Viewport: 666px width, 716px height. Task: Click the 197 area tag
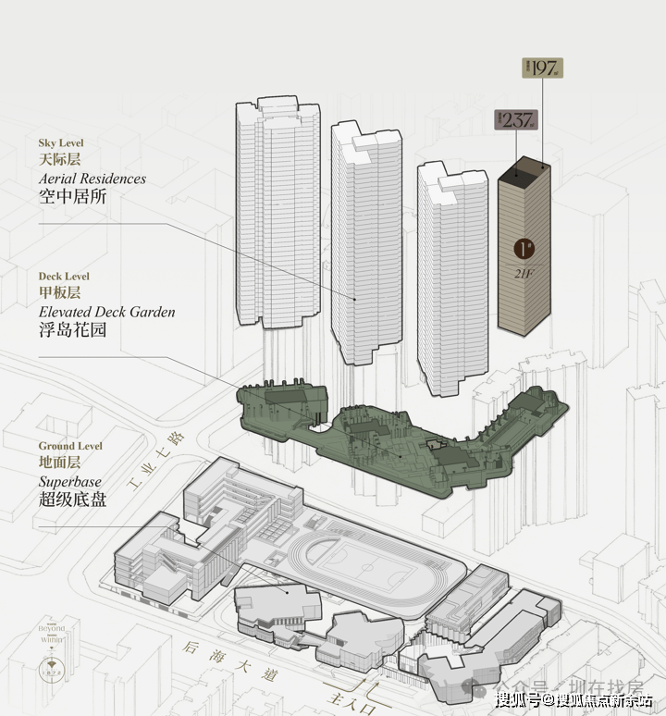(x=544, y=68)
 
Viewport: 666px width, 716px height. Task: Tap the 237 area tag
(x=514, y=119)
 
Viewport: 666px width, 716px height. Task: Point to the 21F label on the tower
(x=524, y=271)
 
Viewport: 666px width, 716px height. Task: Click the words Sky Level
(x=60, y=143)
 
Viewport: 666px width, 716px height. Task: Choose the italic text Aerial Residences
(x=92, y=178)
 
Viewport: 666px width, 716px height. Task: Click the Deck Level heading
(x=64, y=276)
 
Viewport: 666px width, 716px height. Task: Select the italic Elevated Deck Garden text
(x=106, y=312)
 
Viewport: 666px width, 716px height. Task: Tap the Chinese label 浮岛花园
(x=72, y=330)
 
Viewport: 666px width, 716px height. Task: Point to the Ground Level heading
(x=70, y=446)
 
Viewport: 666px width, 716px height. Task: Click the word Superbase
(x=70, y=482)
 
